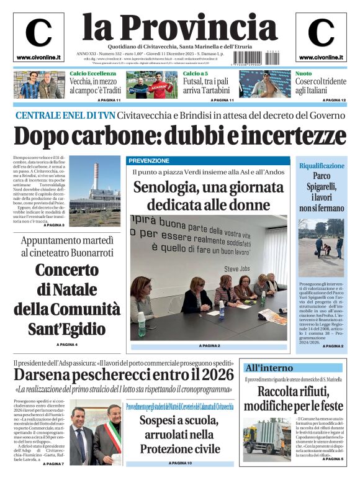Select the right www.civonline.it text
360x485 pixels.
(321, 57)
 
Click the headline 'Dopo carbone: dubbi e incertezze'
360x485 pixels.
(180, 136)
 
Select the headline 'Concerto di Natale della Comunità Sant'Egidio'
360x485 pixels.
(67, 297)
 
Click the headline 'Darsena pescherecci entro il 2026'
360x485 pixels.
(124, 374)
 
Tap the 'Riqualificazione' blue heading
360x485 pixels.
(321, 166)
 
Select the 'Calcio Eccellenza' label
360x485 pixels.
(92, 74)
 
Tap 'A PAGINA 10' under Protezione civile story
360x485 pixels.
(180, 463)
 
